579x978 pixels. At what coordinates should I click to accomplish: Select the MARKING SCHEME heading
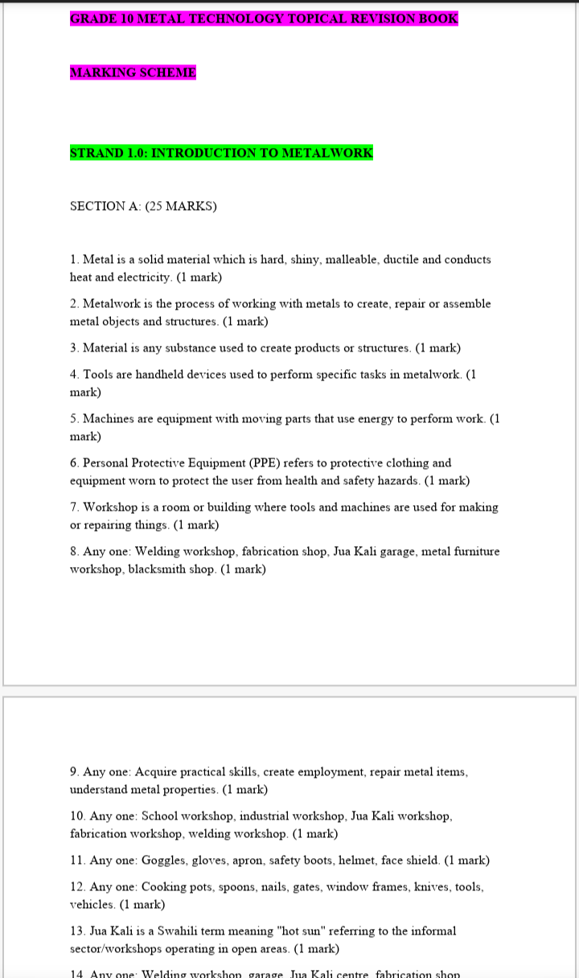[133, 72]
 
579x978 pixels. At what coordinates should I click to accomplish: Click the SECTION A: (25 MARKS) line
[143, 206]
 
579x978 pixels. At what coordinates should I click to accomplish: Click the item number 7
[74, 507]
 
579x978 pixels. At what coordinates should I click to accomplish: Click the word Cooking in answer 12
[164, 887]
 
